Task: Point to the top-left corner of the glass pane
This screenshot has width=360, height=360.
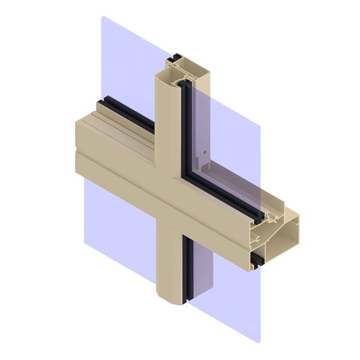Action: point(102,17)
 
